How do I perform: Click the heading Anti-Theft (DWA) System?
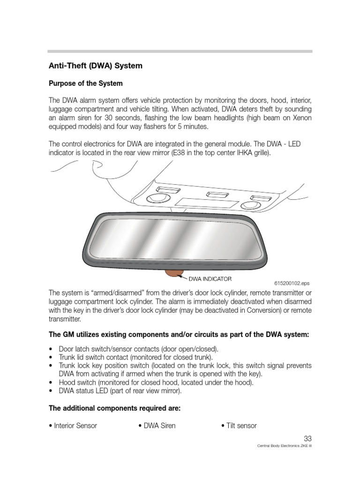95,66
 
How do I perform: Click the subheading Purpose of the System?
86,83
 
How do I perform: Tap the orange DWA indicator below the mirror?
174,272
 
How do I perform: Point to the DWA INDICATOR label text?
210,279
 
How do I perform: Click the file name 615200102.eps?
292,283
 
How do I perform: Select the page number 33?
307,439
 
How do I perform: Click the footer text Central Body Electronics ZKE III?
285,446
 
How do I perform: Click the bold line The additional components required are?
115,408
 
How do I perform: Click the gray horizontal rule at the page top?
180,51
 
